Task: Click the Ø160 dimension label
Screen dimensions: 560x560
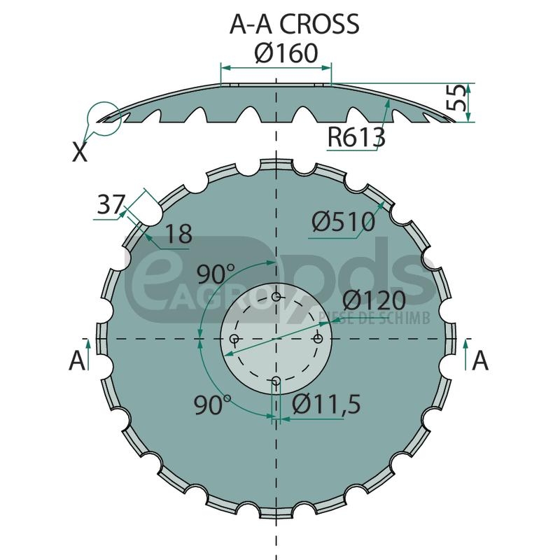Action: click(286, 53)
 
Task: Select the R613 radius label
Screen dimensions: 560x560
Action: click(356, 137)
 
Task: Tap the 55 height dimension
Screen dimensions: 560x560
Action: click(456, 97)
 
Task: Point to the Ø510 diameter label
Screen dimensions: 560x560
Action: click(343, 221)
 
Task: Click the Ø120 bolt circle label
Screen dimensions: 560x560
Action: click(374, 300)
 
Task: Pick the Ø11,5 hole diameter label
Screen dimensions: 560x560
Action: click(326, 405)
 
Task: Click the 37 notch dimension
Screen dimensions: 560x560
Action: click(111, 204)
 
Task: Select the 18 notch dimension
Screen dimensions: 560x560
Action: click(179, 234)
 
